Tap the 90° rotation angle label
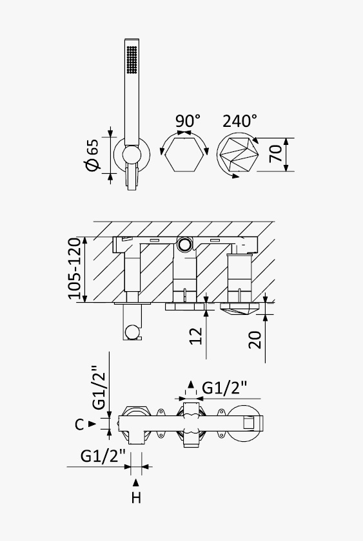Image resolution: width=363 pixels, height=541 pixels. tap(188, 121)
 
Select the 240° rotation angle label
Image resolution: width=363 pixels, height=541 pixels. tap(240, 121)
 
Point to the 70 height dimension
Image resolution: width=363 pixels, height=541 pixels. tap(275, 154)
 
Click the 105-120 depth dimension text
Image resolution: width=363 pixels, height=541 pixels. tap(74, 269)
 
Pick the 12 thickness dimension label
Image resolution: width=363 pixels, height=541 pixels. tap(196, 336)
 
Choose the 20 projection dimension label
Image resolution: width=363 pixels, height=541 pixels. tap(255, 340)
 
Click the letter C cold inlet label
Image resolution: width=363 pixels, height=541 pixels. tap(79, 424)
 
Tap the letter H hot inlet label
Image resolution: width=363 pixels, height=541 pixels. tap(136, 498)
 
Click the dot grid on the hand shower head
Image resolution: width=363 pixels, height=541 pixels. tap(132, 60)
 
